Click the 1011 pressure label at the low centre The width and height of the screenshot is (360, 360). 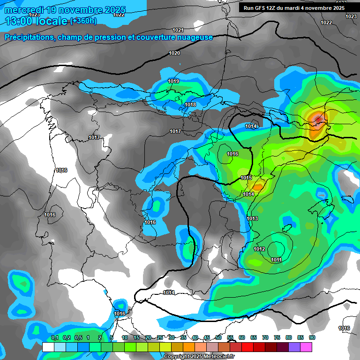coord(276,260)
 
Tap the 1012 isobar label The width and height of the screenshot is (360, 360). coord(259,249)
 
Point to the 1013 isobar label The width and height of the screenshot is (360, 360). coord(252,218)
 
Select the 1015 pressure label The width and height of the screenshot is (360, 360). coord(246,178)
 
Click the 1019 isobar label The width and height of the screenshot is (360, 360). coord(173,81)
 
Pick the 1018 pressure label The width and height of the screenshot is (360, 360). coord(190,105)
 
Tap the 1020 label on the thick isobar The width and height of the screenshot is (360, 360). coord(174,53)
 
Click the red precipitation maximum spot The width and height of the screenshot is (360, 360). coord(318,120)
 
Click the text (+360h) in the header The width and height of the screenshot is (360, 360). coord(83,21)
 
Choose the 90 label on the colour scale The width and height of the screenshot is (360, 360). coord(312,337)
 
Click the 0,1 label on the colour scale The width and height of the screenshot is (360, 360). coord(54,337)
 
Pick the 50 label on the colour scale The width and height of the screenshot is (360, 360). coord(218,337)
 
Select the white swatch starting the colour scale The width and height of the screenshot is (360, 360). coord(48,347)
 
